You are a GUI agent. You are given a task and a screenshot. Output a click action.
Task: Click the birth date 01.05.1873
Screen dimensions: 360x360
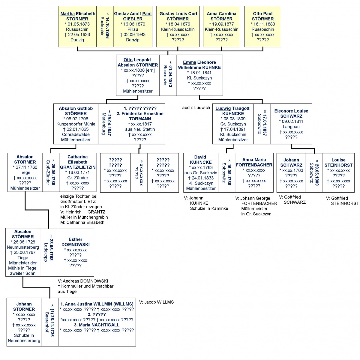pos(77,24)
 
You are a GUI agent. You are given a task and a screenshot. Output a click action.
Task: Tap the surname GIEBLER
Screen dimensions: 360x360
pos(133,19)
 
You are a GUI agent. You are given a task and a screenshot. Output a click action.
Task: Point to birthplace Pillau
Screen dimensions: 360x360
pos(133,29)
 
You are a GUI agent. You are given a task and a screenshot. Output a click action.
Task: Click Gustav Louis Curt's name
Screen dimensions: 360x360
pos(178,13)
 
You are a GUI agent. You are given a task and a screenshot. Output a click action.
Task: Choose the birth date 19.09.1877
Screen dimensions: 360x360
pos(221,24)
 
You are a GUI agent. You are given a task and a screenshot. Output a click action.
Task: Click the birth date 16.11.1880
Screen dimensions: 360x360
pos(263,24)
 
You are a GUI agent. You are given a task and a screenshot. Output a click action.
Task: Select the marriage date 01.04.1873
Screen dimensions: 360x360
pos(170,76)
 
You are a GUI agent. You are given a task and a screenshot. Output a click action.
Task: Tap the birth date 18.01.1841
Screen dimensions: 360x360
pos(199,73)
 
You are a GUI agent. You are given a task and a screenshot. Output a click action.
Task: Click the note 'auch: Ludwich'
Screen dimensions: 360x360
pos(196,108)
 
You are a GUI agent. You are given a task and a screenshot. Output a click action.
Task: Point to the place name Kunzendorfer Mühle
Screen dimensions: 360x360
pos(76,124)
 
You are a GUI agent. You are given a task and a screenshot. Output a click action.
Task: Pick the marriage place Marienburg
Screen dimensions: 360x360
pos(104,124)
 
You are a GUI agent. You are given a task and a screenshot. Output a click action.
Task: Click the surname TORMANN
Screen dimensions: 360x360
pos(140,119)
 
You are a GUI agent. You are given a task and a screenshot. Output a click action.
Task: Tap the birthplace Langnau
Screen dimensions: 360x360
pos(291,127)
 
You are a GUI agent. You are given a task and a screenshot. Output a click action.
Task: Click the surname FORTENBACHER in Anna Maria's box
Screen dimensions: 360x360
pos(254,165)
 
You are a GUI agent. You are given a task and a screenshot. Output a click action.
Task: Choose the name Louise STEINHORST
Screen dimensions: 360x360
pos(338,162)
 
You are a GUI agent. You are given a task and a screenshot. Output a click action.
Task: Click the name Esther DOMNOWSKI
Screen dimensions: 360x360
pos(75,242)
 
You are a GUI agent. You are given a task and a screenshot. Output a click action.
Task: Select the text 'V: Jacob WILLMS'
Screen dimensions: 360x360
pos(156,302)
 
